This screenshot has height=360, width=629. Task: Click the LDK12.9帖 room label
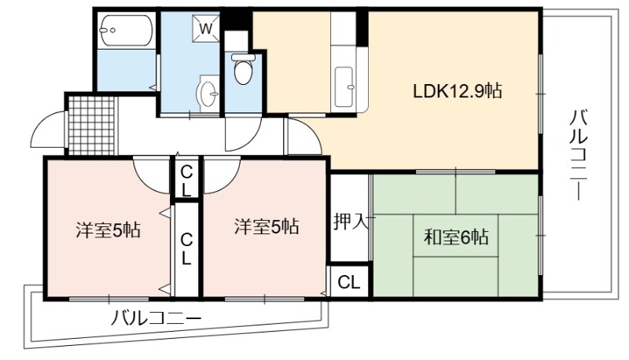pyautogui.click(x=458, y=91)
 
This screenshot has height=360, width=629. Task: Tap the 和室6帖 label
pyautogui.click(x=456, y=237)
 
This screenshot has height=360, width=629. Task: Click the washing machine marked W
pyautogui.click(x=206, y=28)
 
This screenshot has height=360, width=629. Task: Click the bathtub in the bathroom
pyautogui.click(x=126, y=31)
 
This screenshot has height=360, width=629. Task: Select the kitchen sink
pyautogui.click(x=344, y=87)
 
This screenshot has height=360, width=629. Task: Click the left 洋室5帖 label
pyautogui.click(x=108, y=230)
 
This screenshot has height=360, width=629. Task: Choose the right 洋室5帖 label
pyautogui.click(x=267, y=226)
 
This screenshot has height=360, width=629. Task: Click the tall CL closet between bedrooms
pyautogui.click(x=186, y=249)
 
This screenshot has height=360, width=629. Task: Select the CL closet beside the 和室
pyautogui.click(x=348, y=282)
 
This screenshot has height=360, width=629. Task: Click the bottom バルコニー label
pyautogui.click(x=156, y=318)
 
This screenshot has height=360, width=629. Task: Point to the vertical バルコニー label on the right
pyautogui.click(x=579, y=156)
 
